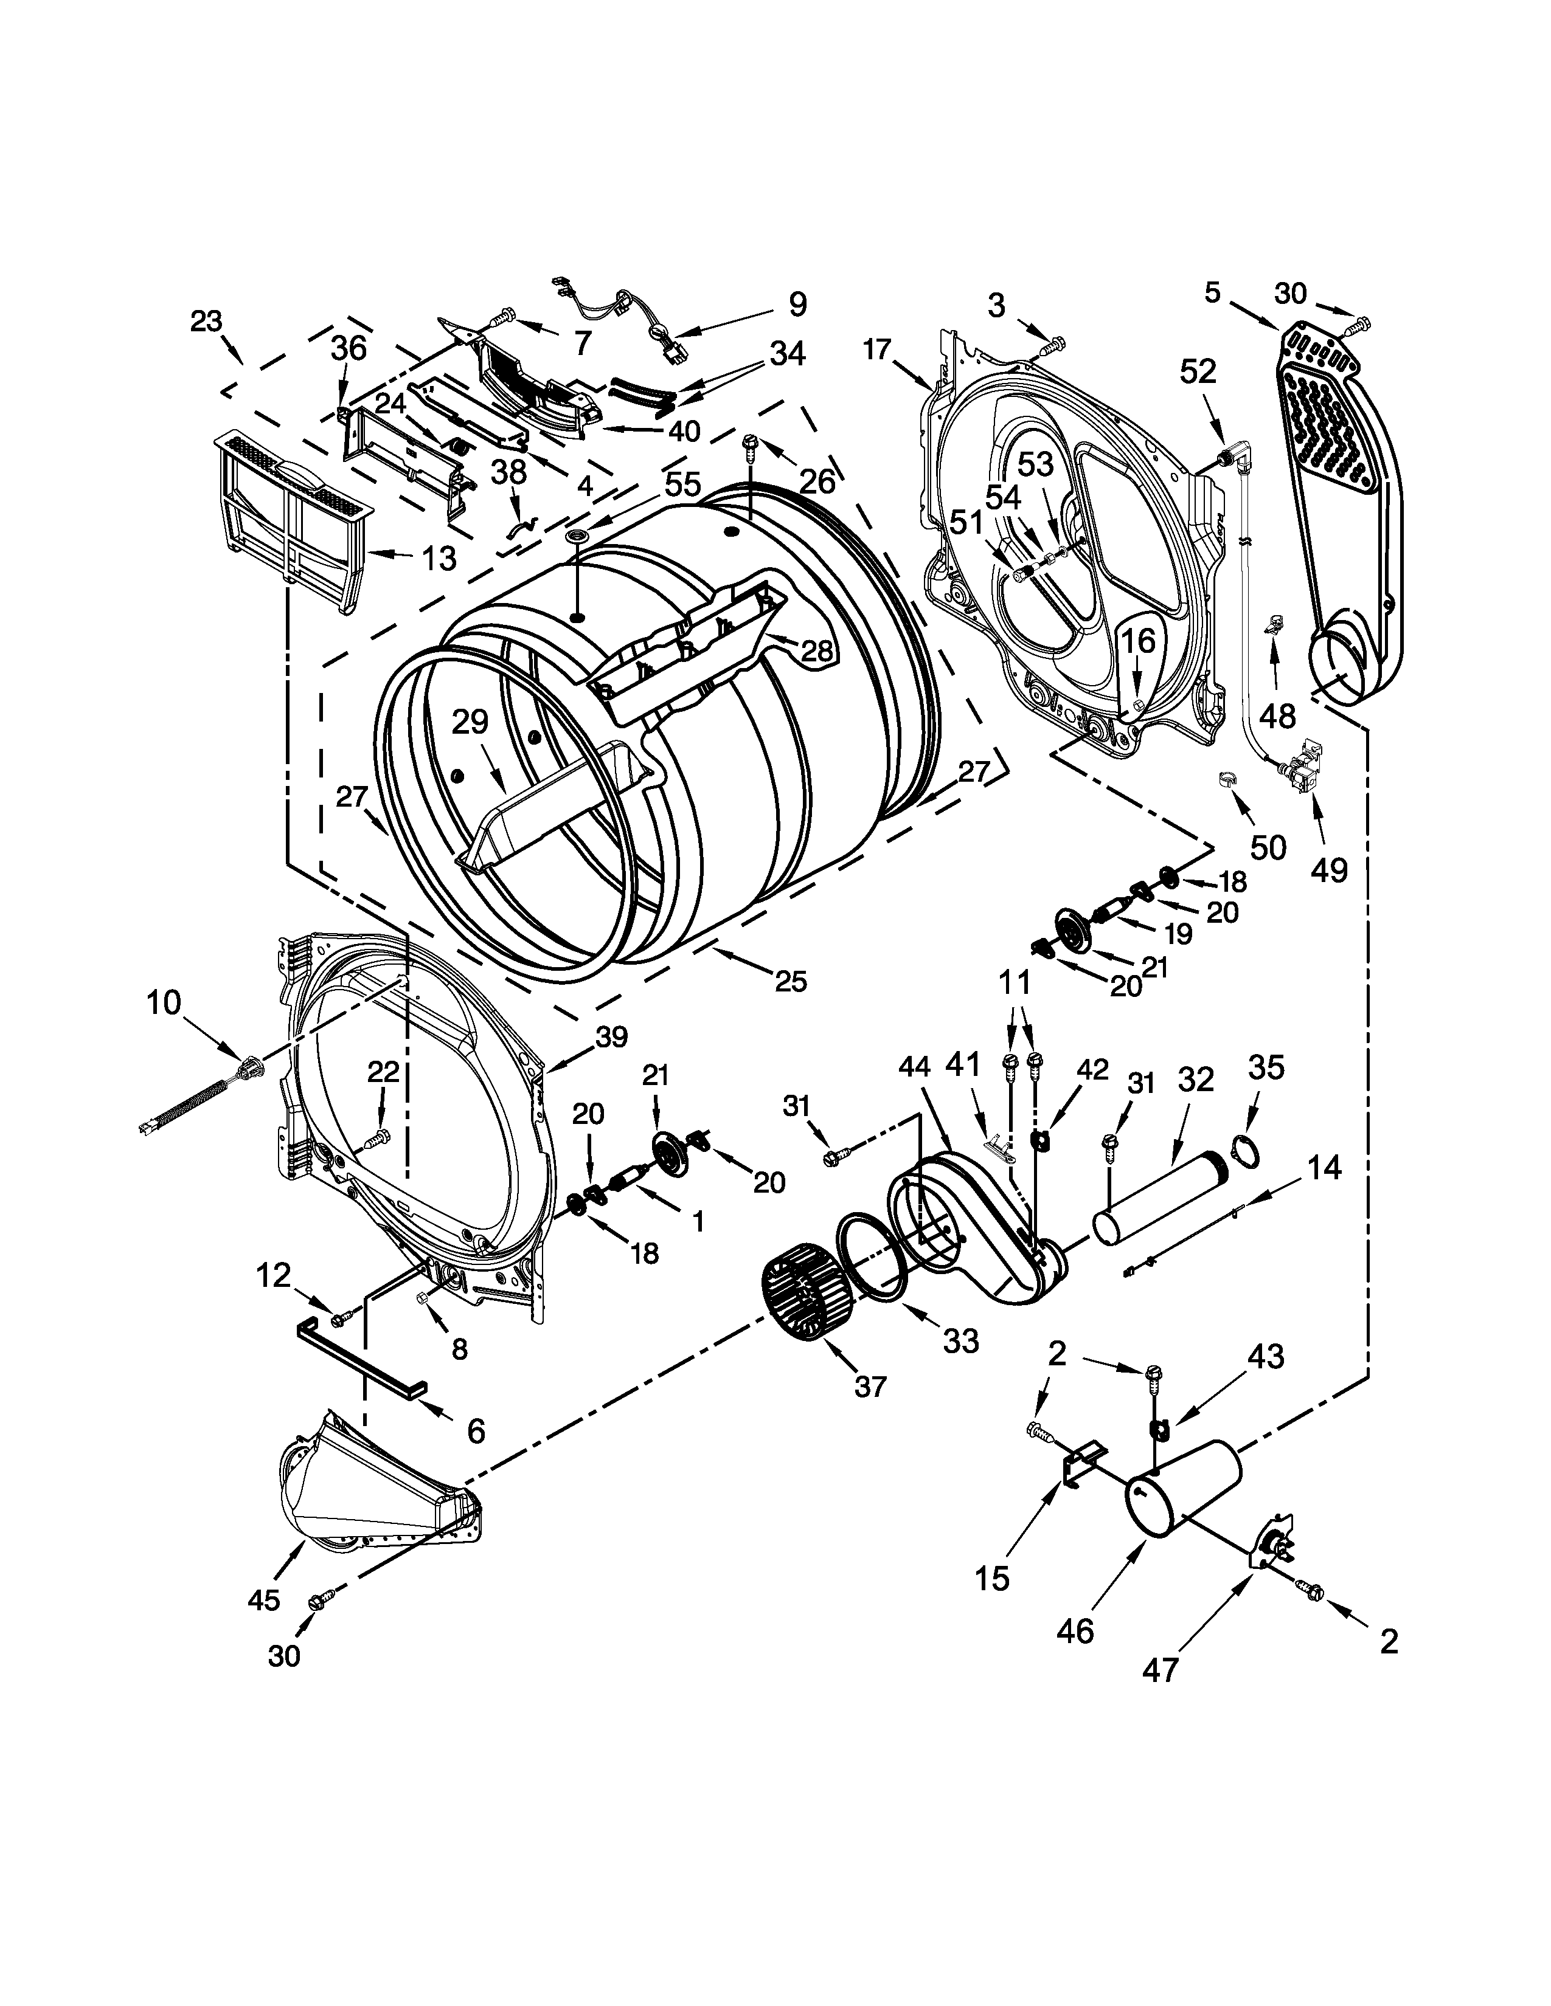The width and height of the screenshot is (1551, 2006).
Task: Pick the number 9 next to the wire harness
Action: [x=797, y=304]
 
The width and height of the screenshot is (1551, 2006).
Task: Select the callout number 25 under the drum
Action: [x=790, y=982]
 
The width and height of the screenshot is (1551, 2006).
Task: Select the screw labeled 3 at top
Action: [x=1052, y=346]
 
